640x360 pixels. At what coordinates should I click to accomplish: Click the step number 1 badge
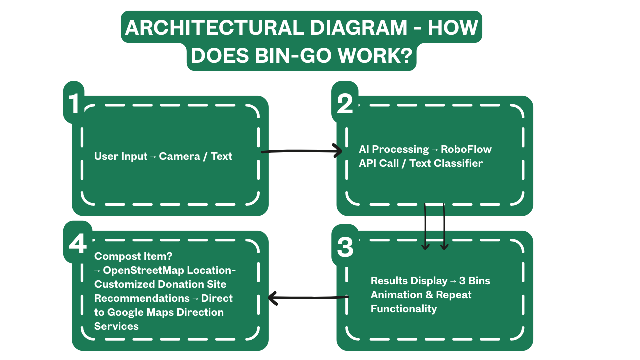click(74, 103)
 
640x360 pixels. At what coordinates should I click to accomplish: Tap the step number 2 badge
click(345, 103)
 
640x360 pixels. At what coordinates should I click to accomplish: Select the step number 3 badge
click(345, 247)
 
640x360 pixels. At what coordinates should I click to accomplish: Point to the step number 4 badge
click(77, 244)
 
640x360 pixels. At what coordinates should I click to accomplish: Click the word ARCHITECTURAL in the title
click(213, 28)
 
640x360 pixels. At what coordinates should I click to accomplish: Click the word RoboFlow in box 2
click(466, 149)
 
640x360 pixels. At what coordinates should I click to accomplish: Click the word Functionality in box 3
click(404, 309)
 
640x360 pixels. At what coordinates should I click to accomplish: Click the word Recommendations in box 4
click(135, 298)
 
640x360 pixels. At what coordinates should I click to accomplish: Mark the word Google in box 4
click(131, 312)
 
